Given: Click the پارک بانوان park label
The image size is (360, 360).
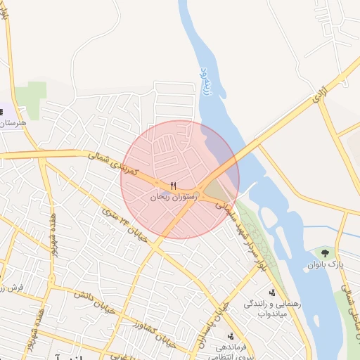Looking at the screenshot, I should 324,264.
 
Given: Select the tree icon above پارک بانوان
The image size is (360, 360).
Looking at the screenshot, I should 324,252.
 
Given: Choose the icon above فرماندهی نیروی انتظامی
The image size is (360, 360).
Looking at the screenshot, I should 231,337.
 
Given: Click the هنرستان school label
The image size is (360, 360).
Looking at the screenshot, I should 13,124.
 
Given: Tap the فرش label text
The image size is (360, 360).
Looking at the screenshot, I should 13,288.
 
